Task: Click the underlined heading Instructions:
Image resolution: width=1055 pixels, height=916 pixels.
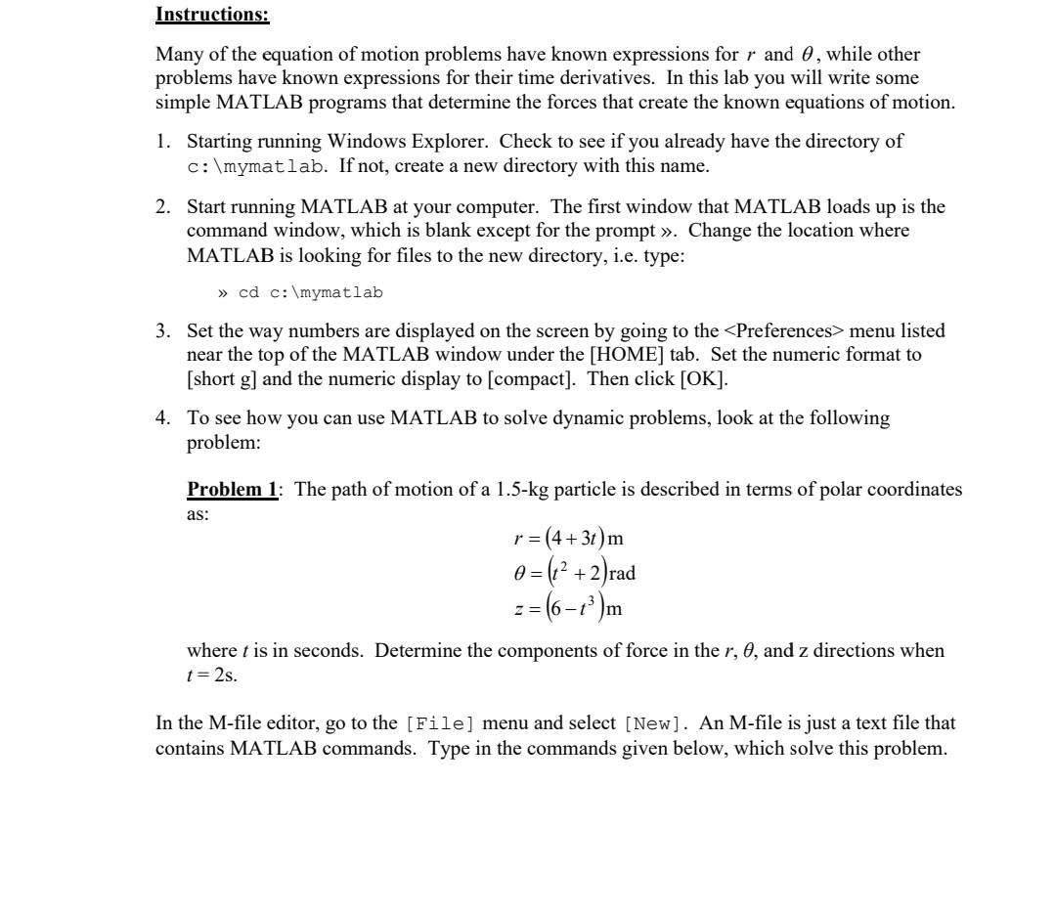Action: coord(212,15)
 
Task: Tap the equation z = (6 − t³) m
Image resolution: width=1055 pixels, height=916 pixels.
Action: coord(568,608)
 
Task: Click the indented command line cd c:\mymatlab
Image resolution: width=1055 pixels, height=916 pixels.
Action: coord(300,292)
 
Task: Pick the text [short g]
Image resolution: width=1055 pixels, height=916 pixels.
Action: coord(229,378)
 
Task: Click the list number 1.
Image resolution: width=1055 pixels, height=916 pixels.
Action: coord(163,142)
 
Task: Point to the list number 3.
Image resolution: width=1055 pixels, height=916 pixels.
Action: coord(163,331)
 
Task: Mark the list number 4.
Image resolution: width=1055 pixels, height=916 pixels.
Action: coord(163,418)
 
